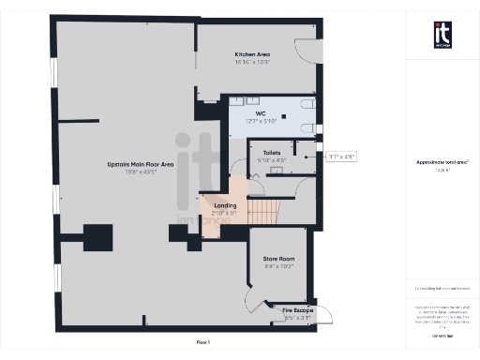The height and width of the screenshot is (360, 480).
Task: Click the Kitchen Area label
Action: (252, 54)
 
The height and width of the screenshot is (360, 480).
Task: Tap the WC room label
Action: (261, 113)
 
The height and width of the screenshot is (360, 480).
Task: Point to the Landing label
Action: (225, 205)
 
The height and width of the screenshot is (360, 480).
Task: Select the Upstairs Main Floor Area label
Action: (140, 164)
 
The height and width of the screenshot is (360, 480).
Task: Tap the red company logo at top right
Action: (443, 35)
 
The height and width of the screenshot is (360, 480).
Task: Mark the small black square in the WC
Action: (270, 117)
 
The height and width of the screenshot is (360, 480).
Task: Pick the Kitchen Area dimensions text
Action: (252, 62)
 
